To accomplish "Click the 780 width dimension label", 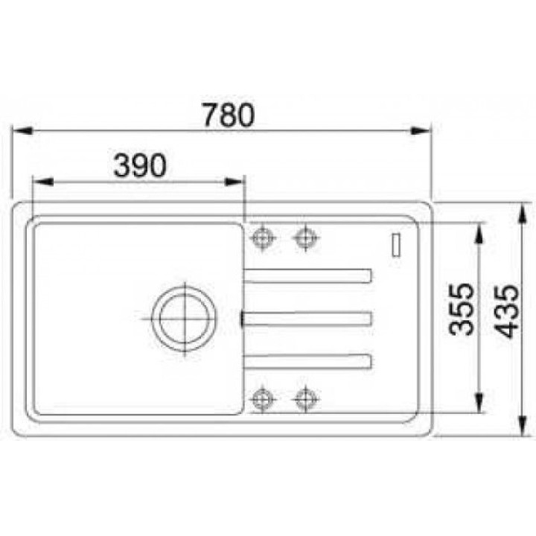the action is (229, 115).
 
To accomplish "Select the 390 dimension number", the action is (140, 165).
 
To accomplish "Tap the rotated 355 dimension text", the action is (462, 309).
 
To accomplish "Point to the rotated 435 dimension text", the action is (507, 311).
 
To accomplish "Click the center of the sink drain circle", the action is (185, 319).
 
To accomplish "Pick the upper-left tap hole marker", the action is (263, 237).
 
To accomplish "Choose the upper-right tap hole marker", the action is (306, 237).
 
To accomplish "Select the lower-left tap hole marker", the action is (263, 398).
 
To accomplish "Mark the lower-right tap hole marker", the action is (306, 398).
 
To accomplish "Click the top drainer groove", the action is (307, 276).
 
